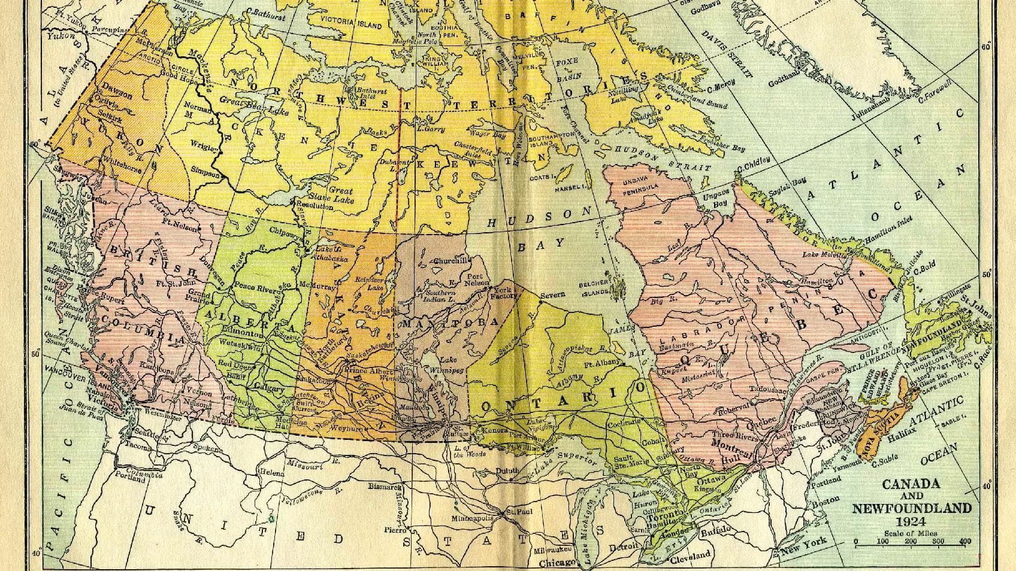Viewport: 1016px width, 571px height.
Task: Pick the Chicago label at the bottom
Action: [x=556, y=563]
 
